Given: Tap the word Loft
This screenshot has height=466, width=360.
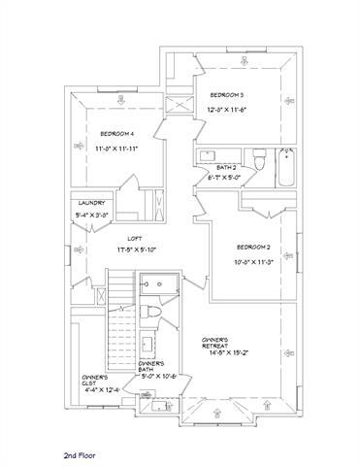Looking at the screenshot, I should (x=135, y=238).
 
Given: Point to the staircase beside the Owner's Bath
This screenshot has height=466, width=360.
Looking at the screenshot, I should (x=119, y=311).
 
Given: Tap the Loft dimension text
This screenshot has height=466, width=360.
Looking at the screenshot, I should (x=135, y=250).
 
